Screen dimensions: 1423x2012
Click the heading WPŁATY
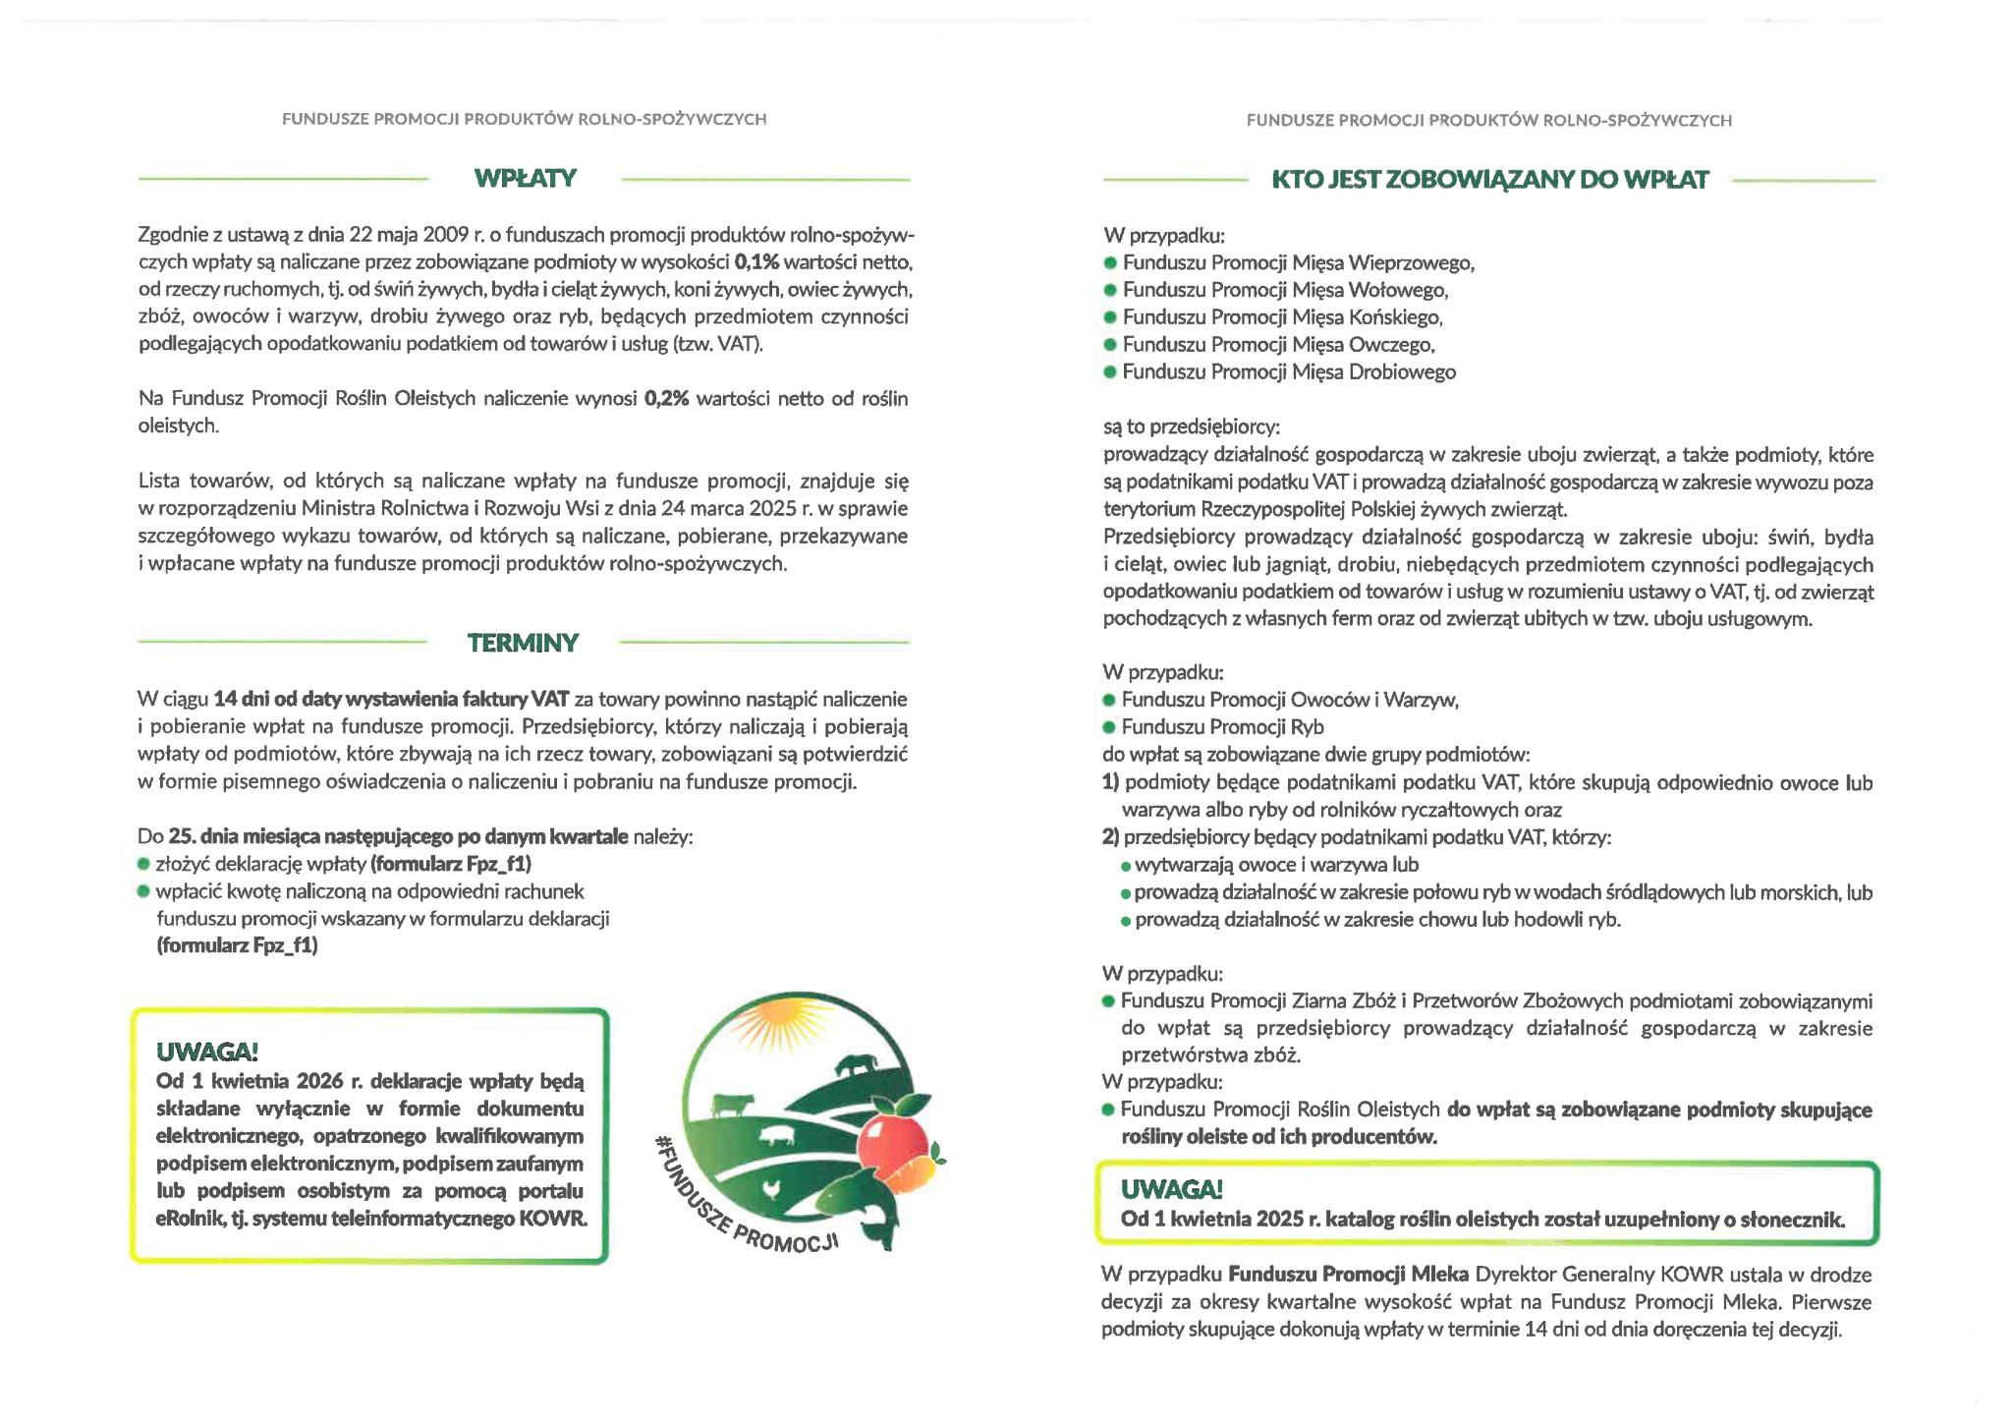pyautogui.click(x=525, y=179)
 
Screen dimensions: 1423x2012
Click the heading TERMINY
pyautogui.click(x=523, y=643)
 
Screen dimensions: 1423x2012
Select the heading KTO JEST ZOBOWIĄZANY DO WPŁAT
pyautogui.click(x=1489, y=180)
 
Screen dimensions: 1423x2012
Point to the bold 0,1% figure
pyautogui.click(x=756, y=262)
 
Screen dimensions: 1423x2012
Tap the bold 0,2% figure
pyautogui.click(x=667, y=399)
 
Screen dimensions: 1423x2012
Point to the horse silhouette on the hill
pyautogui.click(x=854, y=1065)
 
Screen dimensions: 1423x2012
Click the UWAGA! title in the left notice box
pyautogui.click(x=206, y=1053)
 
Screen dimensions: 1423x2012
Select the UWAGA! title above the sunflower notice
pyautogui.click(x=1171, y=1190)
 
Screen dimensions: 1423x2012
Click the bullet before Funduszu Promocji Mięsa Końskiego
pyautogui.click(x=1111, y=317)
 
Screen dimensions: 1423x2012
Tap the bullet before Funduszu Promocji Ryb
pyautogui.click(x=1110, y=728)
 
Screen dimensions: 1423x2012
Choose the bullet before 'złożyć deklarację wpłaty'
pyautogui.click(x=143, y=865)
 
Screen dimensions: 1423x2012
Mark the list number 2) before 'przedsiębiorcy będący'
pyautogui.click(x=1111, y=838)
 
